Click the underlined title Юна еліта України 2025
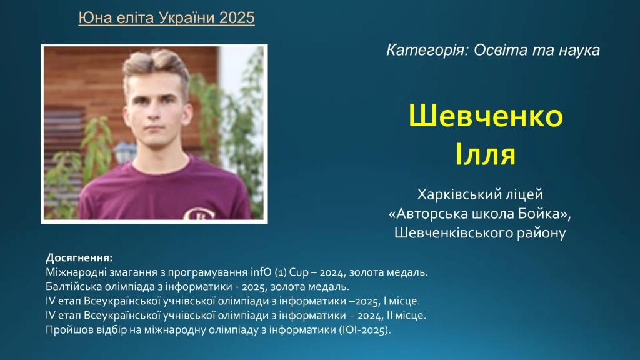pos(166,18)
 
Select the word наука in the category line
pos(579,50)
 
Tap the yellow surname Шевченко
pos(486,116)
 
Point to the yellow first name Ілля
pos(485,154)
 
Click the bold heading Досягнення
pos(79,258)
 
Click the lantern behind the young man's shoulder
pos(124,152)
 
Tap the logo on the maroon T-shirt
pos(199,213)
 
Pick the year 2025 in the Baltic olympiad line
pos(254,287)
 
